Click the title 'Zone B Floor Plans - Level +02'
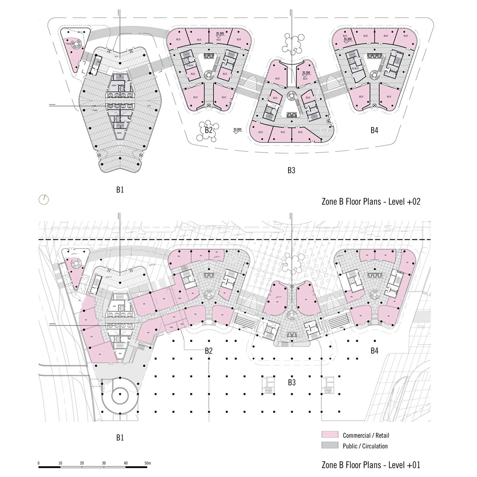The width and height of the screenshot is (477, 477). (x=371, y=202)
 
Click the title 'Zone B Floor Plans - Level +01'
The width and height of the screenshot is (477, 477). (x=371, y=465)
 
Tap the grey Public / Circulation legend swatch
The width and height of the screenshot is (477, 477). (x=329, y=446)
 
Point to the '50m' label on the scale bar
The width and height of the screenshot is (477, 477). (x=147, y=463)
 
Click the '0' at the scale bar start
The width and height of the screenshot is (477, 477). (x=38, y=463)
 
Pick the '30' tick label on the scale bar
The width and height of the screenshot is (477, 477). (x=104, y=463)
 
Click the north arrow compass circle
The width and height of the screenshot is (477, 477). (x=44, y=199)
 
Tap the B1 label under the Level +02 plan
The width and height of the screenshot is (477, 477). (x=120, y=190)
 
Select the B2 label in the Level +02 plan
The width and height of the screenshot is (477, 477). (x=209, y=130)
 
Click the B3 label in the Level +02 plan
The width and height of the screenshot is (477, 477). (x=291, y=170)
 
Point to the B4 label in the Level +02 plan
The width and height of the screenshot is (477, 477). (x=374, y=130)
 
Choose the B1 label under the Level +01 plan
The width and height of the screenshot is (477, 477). (x=120, y=438)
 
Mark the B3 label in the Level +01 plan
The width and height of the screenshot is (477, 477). (x=292, y=382)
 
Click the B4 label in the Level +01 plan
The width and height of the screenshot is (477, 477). (x=374, y=350)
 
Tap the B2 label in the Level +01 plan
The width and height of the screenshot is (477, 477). (x=209, y=350)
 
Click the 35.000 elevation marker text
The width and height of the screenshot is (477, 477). (x=237, y=129)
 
